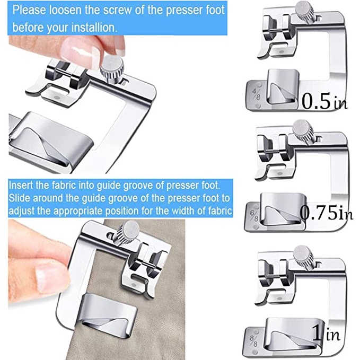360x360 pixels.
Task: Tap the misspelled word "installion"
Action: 94,28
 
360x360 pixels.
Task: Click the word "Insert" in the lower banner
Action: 21,185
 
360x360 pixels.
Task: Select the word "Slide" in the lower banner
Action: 19,198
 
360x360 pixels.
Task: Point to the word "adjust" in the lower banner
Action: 21,211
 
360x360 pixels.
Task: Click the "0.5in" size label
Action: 324,101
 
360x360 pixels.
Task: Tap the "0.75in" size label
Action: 327,213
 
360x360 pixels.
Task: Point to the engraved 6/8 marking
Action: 254,216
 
